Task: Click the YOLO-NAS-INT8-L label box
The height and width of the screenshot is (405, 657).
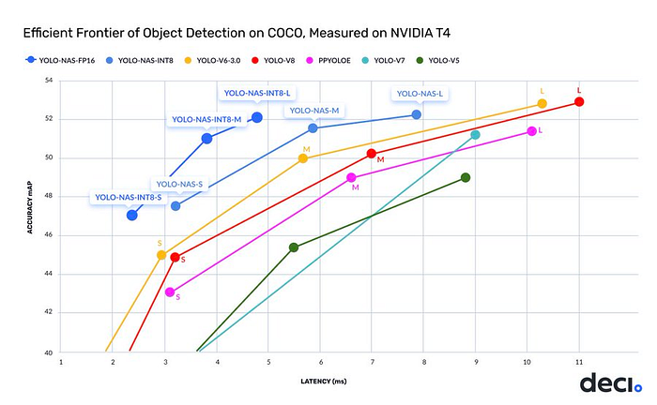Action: pyautogui.click(x=256, y=94)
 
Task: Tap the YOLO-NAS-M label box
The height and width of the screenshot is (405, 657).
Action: pyautogui.click(x=313, y=111)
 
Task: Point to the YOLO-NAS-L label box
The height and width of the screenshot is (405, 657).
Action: pyautogui.click(x=420, y=94)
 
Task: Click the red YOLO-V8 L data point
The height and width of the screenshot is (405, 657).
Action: pyautogui.click(x=579, y=102)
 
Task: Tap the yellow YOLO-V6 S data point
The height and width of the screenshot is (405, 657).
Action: pyautogui.click(x=161, y=255)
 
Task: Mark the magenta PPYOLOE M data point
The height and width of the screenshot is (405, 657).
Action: pyautogui.click(x=351, y=177)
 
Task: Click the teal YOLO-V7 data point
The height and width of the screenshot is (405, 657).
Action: pyautogui.click(x=475, y=135)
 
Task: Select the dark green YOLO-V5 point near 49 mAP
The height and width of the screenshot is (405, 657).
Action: pyautogui.click(x=466, y=177)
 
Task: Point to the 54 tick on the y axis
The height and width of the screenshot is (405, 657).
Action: pyautogui.click(x=49, y=81)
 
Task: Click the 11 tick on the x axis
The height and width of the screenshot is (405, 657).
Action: pyautogui.click(x=579, y=361)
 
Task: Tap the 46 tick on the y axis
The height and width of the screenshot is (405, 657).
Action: pyautogui.click(x=49, y=236)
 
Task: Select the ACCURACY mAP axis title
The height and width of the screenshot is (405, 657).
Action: pyautogui.click(x=31, y=216)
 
